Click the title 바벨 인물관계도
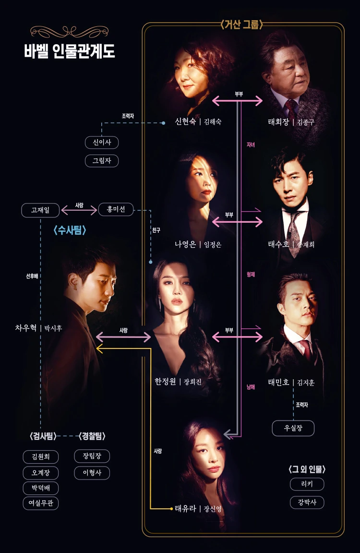(x=70, y=51)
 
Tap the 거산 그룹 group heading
(x=242, y=24)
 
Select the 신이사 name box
(x=102, y=142)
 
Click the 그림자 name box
(x=102, y=160)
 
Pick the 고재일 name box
(x=40, y=210)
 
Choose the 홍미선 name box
(x=116, y=209)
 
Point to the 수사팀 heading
(x=70, y=230)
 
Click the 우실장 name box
(x=293, y=428)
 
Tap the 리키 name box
(x=307, y=484)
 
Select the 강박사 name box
(x=307, y=502)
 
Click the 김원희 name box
(x=40, y=457)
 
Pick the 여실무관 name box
(x=40, y=503)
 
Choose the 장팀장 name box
(x=92, y=456)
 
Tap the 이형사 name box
(x=92, y=473)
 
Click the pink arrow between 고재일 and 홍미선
(x=79, y=211)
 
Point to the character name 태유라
(x=185, y=508)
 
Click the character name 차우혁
(x=26, y=328)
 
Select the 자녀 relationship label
(x=251, y=144)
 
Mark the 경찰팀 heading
(x=92, y=436)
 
